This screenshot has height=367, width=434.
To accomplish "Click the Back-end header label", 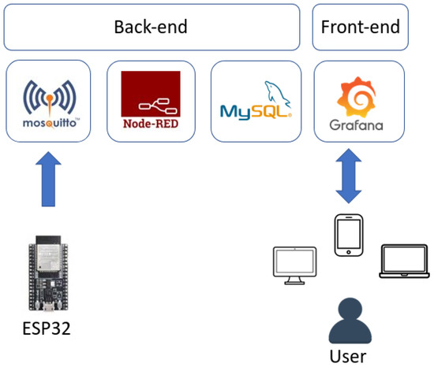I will coord(149,27).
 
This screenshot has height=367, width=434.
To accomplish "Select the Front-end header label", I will coord(360,27).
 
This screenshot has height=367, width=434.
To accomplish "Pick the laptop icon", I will coord(402,263).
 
